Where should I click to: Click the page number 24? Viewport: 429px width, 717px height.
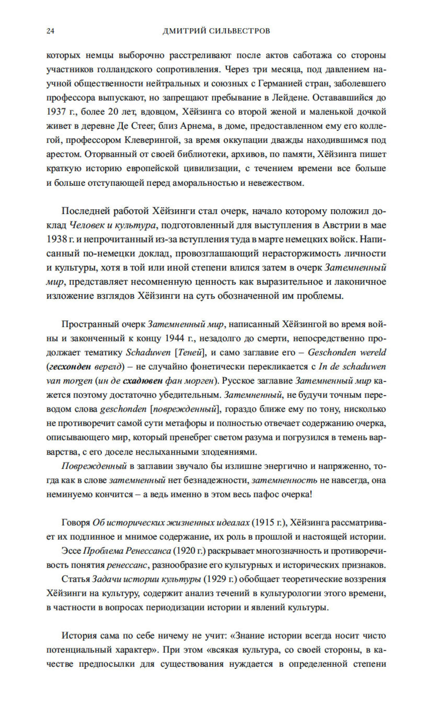click(x=50, y=31)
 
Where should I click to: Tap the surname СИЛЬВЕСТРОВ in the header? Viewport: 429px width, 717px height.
click(x=239, y=31)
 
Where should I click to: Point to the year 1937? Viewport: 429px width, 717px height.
click(x=56, y=112)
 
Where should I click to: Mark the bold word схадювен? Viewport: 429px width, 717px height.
click(x=142, y=381)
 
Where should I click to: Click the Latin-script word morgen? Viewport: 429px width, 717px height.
click(x=78, y=381)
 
